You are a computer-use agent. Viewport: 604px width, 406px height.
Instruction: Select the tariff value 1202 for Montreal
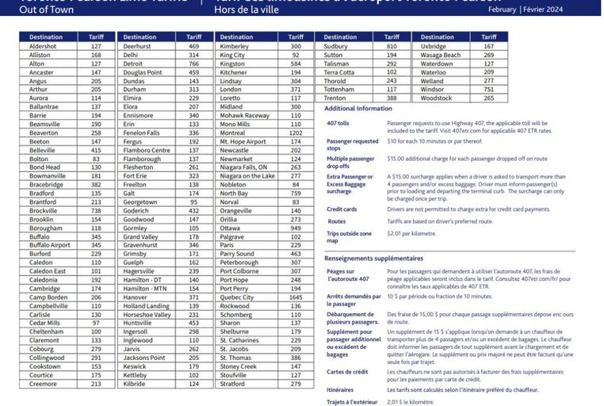tap(296, 132)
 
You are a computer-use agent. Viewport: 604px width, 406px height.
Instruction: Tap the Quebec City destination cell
tap(237, 297)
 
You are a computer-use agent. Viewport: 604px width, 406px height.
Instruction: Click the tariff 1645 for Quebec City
tap(296, 297)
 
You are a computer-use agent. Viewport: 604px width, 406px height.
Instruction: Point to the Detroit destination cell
tap(132, 63)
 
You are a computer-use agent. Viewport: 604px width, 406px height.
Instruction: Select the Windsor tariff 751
tap(488, 90)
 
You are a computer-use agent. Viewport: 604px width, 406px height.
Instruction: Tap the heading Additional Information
tap(358, 108)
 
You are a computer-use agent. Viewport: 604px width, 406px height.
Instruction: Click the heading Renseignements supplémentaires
tap(373, 258)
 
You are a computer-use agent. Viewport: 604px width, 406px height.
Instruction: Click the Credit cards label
tap(342, 209)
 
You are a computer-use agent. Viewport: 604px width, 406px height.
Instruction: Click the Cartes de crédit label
tap(346, 370)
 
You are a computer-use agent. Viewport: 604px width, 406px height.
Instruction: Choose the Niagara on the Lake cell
tap(247, 175)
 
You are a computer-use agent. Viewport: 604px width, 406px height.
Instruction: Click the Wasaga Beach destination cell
tap(440, 56)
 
